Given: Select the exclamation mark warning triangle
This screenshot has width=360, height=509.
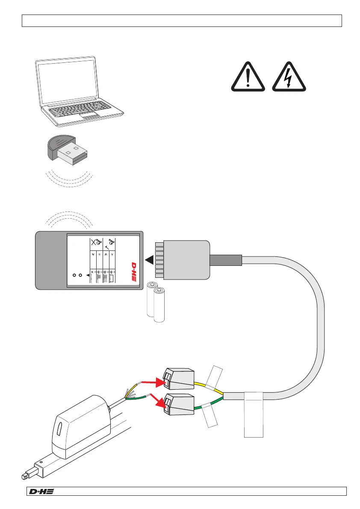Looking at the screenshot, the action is click(248, 77).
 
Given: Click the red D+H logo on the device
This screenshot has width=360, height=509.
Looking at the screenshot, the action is click(133, 271).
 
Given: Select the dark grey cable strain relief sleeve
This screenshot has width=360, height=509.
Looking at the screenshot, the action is click(225, 260).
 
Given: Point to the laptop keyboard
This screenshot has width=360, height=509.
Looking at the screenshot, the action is click(84, 110).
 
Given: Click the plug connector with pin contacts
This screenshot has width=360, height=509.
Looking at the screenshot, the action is click(183, 260).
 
